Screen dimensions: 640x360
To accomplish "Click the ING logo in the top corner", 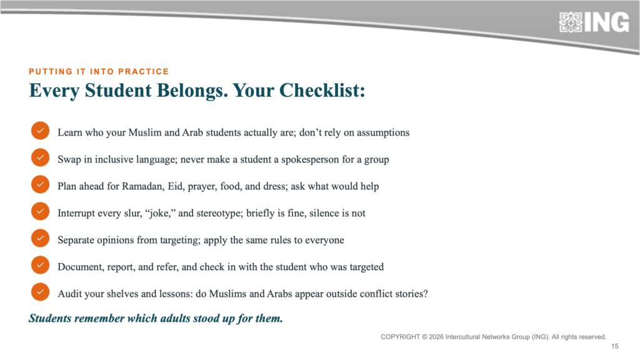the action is (594, 22).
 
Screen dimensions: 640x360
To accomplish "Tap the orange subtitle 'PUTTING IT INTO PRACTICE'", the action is (99, 72).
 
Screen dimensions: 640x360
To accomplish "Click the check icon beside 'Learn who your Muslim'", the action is (40, 131).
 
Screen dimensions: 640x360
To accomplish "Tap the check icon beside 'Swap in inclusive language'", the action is (40, 157).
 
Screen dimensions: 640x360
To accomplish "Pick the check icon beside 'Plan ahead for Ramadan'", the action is (40, 184).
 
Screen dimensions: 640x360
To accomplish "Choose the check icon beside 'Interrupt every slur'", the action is (40, 211).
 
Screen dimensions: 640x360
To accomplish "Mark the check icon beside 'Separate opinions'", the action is (40, 238).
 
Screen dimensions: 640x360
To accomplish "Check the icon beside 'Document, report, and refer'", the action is (40, 265).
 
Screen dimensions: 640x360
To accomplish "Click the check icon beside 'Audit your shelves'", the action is (40, 292).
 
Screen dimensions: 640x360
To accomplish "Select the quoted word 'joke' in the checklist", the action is (159, 214).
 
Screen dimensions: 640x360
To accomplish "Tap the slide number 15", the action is (615, 346).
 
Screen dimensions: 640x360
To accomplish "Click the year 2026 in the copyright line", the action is (436, 337).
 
